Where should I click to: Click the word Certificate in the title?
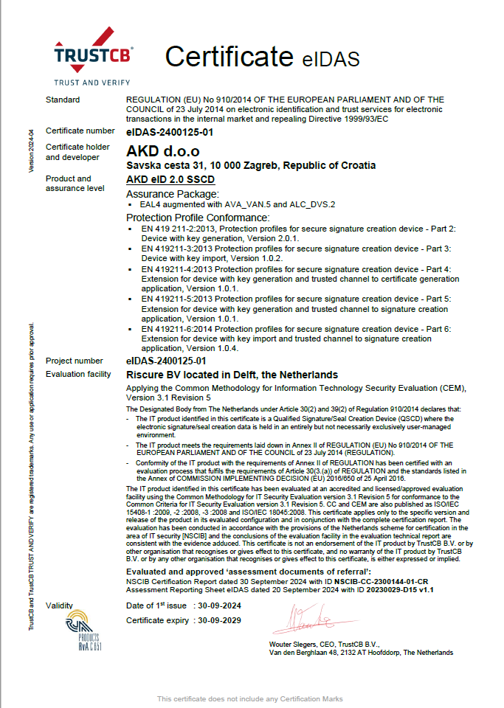229,56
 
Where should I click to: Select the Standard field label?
63,100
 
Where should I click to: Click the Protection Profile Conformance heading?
197,218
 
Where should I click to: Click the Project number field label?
74,361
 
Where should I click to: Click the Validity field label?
60,605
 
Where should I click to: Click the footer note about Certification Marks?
251,698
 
